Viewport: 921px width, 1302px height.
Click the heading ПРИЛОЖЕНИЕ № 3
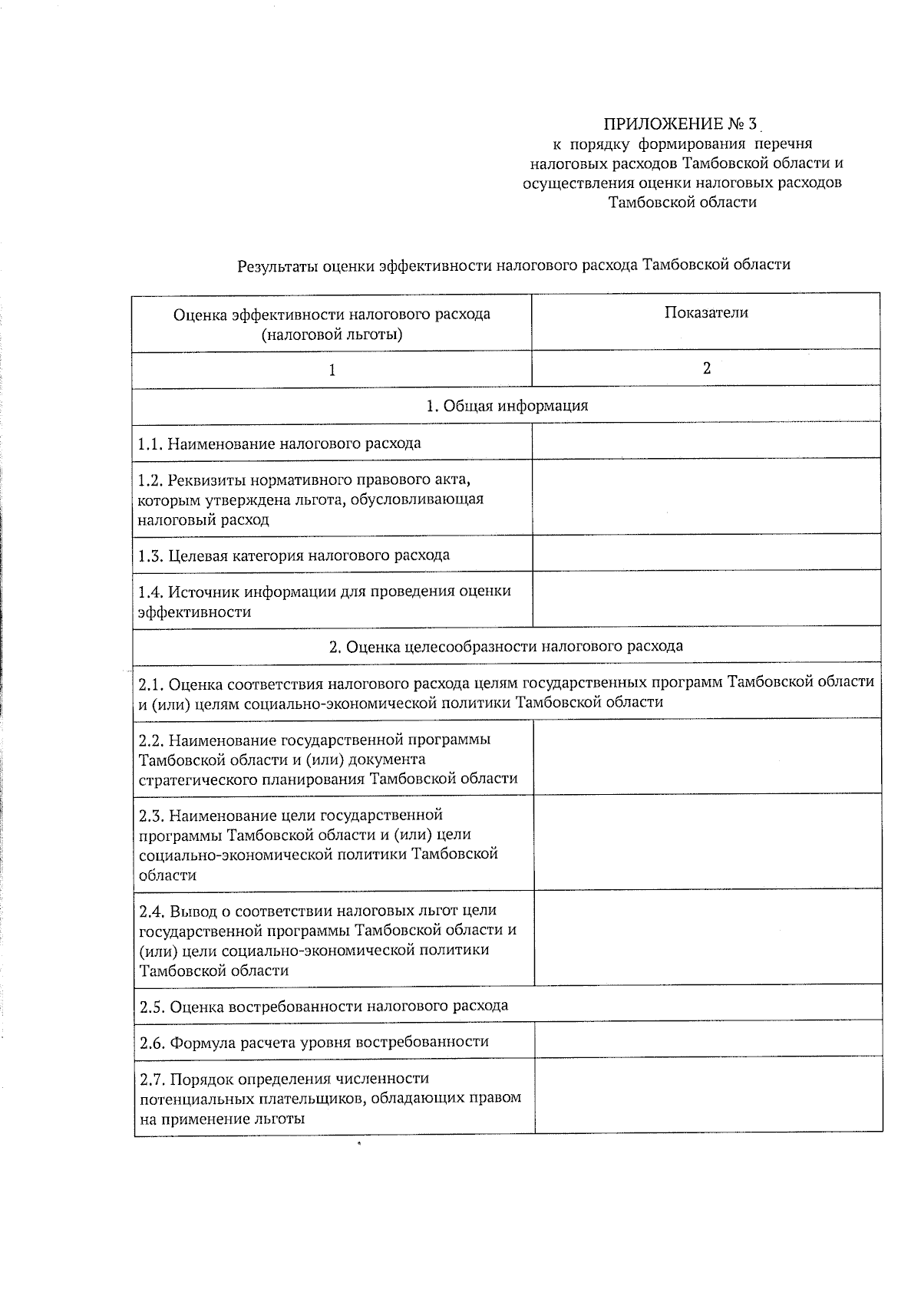pos(680,124)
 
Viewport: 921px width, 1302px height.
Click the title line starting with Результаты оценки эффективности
pos(513,265)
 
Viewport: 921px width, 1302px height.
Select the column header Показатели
pos(706,312)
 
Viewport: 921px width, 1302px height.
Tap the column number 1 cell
pos(332,371)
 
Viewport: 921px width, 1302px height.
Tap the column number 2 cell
pos(706,368)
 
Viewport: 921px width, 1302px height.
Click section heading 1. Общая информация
pos(507,406)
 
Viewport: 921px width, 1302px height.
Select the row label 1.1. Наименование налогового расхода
pos(279,443)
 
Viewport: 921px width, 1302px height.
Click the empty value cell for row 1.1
pos(706,441)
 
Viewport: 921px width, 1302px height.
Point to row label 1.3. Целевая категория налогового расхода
pos(294,555)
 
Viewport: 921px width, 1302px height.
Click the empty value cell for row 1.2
pos(706,497)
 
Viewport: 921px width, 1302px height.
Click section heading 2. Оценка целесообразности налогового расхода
pos(507,646)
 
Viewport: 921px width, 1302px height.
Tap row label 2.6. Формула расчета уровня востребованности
pos(314,1042)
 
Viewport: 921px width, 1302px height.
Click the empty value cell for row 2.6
pos(708,1040)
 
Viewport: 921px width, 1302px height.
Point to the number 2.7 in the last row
pos(152,1080)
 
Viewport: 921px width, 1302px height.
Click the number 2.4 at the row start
pos(152,911)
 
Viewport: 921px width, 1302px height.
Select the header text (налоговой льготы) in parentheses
pos(332,335)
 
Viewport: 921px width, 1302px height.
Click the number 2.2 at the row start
pos(152,740)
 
